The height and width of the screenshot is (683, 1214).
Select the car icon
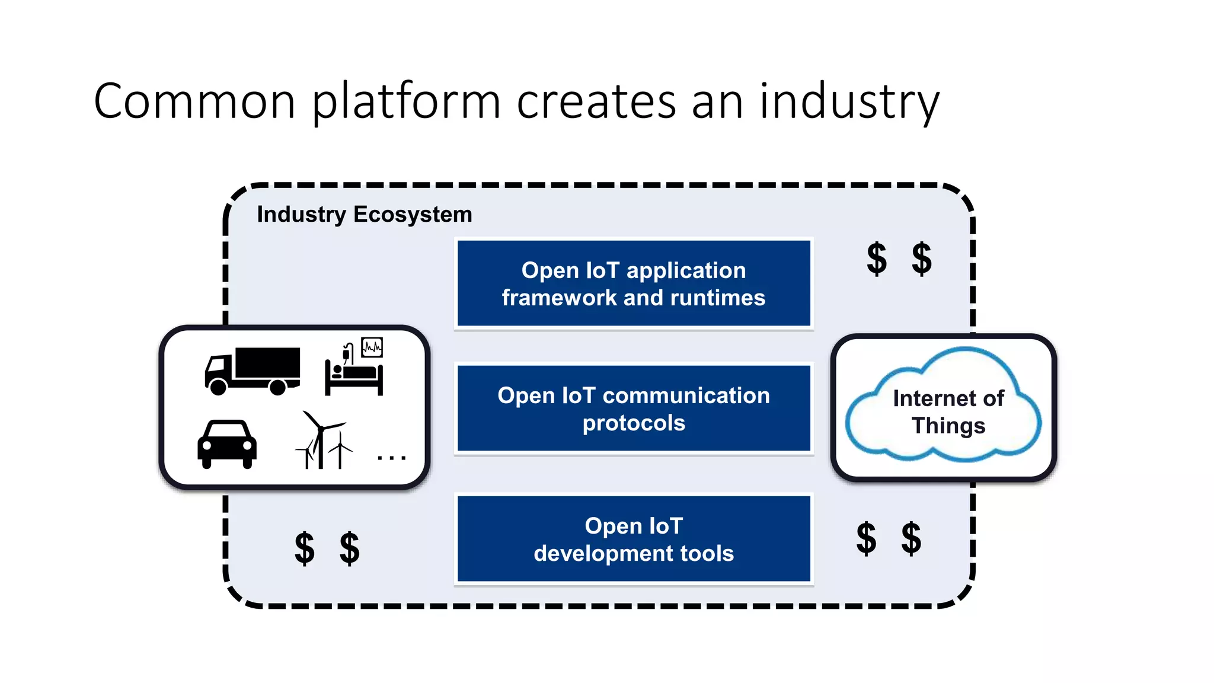(227, 444)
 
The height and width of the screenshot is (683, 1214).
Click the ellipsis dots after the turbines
(392, 458)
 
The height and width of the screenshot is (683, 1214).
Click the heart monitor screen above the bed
(372, 347)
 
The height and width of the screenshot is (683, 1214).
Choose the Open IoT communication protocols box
(634, 408)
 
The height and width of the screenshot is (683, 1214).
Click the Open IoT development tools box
(634, 539)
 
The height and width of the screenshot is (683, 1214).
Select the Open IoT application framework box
(634, 283)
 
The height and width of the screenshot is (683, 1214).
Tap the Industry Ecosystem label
(364, 214)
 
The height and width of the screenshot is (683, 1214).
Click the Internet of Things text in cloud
(948, 412)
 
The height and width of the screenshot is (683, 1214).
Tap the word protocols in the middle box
(634, 423)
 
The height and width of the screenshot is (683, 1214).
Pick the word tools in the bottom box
(707, 553)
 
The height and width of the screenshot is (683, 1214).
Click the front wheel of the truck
(218, 387)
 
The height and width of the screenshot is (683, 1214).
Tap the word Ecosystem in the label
(413, 214)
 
